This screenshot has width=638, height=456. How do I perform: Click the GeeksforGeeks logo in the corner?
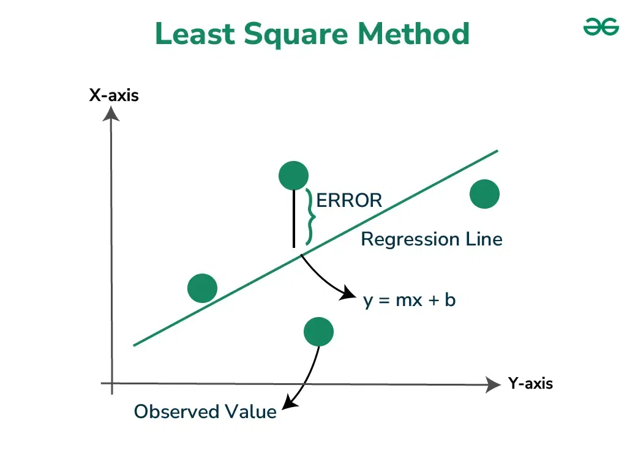point(601,27)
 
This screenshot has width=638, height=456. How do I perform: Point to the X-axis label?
point(114,95)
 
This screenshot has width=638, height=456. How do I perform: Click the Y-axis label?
point(530,384)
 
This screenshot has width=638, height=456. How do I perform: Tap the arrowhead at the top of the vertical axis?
point(111,113)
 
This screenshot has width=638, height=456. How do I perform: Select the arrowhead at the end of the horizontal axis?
point(493,384)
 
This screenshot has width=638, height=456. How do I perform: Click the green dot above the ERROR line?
point(293,176)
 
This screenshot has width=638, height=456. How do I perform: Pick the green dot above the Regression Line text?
point(484,194)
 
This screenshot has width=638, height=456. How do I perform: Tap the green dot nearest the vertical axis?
point(203,288)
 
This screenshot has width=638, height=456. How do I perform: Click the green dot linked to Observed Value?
point(318,332)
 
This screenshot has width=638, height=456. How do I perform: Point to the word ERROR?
point(349,200)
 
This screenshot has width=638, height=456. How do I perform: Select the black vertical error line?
point(294,217)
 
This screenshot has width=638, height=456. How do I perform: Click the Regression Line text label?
point(431,239)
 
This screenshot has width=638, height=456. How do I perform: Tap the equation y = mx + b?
point(409,301)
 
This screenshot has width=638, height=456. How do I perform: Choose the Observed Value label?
point(205,412)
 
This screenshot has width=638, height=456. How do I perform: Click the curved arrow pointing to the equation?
point(325,278)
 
